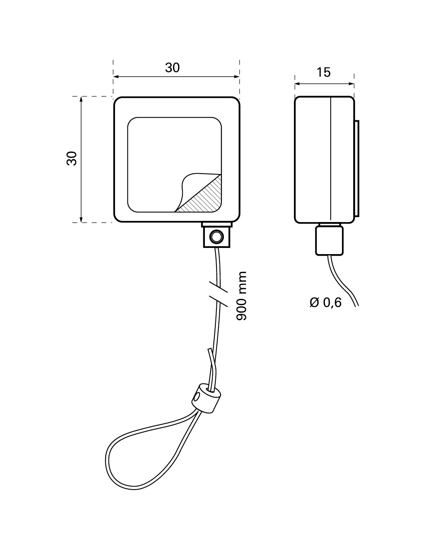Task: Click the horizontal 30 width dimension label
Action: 172,68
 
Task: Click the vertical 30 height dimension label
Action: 72,159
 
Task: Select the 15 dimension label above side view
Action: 324,72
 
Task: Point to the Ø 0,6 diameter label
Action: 326,302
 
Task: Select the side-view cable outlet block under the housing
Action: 329,241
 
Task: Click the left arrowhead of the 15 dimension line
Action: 297,84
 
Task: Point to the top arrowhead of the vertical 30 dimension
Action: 81,99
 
